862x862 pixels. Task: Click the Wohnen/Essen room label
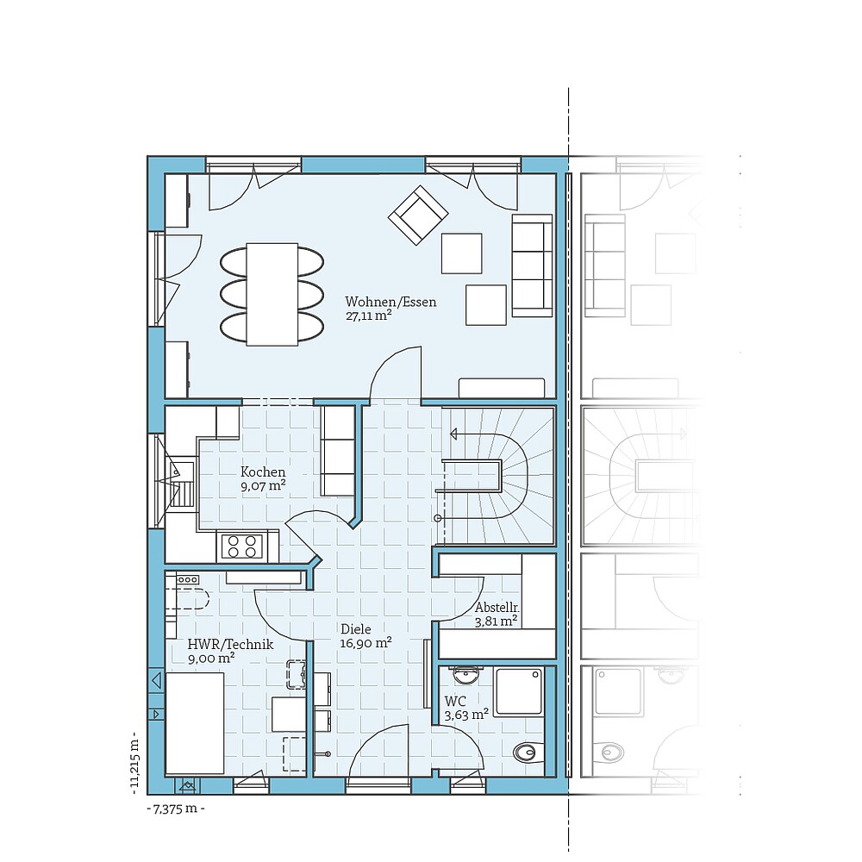pyautogui.click(x=390, y=302)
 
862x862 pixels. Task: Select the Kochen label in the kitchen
pyautogui.click(x=263, y=472)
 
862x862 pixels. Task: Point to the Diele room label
pyautogui.click(x=355, y=629)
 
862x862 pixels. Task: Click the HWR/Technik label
pyautogui.click(x=230, y=644)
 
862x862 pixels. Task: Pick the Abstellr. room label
pyautogui.click(x=497, y=607)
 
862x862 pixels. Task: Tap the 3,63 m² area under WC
pyautogui.click(x=466, y=714)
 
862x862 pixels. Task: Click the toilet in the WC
pyautogui.click(x=528, y=753)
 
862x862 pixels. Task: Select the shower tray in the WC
pyautogui.click(x=519, y=690)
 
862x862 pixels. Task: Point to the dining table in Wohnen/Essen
pyautogui.click(x=272, y=294)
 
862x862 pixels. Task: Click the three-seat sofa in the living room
pyautogui.click(x=532, y=265)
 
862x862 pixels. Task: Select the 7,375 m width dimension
pyautogui.click(x=176, y=809)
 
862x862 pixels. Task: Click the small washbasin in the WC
pyautogui.click(x=466, y=674)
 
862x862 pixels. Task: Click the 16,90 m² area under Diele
pyautogui.click(x=365, y=643)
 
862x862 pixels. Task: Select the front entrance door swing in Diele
pyautogui.click(x=379, y=750)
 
